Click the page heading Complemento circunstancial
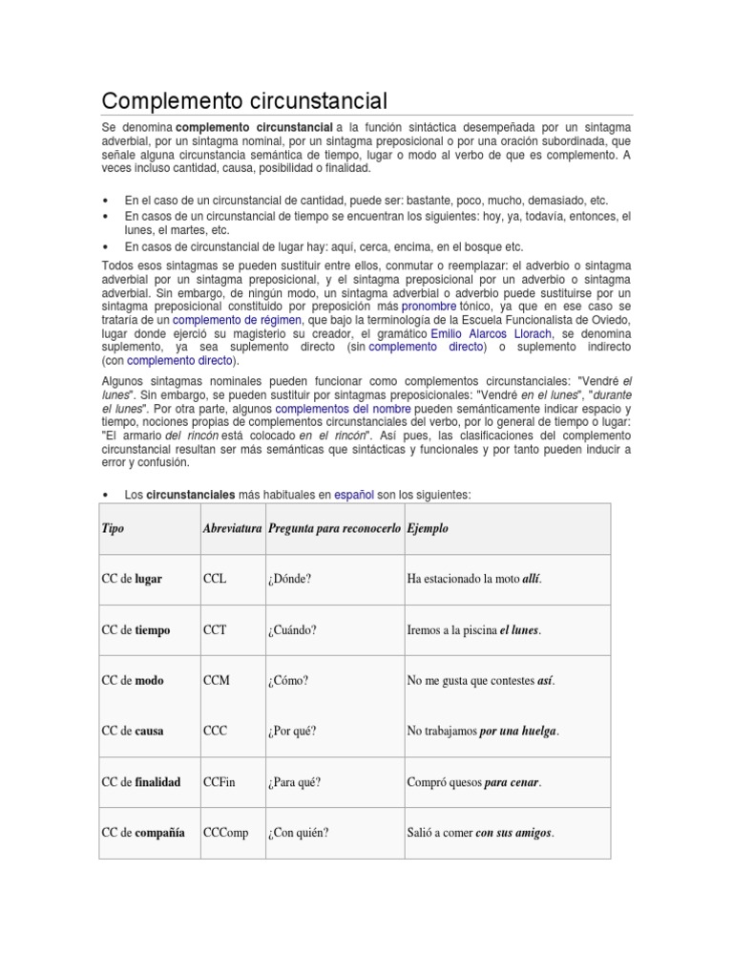[x=244, y=100]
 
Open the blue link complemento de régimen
[x=237, y=319]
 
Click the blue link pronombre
[x=429, y=306]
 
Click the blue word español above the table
[x=354, y=495]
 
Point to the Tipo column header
[x=113, y=529]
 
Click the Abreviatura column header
[x=232, y=529]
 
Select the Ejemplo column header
[x=427, y=529]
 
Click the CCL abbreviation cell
[x=215, y=580]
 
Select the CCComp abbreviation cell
[x=225, y=833]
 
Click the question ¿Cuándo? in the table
[x=292, y=630]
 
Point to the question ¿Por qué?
[x=292, y=732]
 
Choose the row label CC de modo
[x=132, y=681]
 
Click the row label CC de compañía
[x=143, y=833]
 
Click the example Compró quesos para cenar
[x=473, y=782]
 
